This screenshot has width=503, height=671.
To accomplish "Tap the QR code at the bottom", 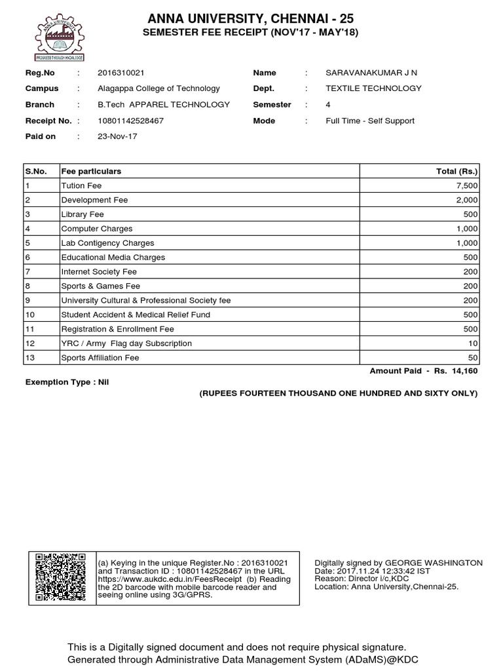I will click(x=59, y=577).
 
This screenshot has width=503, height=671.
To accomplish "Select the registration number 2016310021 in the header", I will click(x=121, y=73).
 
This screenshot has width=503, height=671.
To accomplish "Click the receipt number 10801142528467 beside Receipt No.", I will click(x=130, y=121).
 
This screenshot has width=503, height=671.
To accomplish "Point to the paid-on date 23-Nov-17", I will click(x=117, y=136).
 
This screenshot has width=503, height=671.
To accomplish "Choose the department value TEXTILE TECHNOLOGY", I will click(x=373, y=88).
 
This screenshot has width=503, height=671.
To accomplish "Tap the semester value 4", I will click(x=328, y=105).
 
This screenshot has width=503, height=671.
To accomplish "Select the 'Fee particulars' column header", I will click(x=91, y=171).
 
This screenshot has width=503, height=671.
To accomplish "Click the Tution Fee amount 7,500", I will click(x=466, y=186).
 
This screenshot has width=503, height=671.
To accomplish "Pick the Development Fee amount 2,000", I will click(x=466, y=200).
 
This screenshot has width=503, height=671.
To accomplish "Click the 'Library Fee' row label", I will click(x=83, y=214).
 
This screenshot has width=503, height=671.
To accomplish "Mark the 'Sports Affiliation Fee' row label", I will click(x=100, y=358).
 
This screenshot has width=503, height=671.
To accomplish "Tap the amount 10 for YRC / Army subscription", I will click(x=473, y=343).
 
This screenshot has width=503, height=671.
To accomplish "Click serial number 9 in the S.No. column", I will click(x=28, y=300).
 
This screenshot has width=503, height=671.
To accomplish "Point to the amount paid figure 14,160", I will click(x=465, y=371).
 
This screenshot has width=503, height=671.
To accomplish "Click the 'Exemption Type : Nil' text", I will click(x=66, y=381).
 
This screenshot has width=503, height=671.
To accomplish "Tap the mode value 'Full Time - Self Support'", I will click(x=370, y=121).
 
